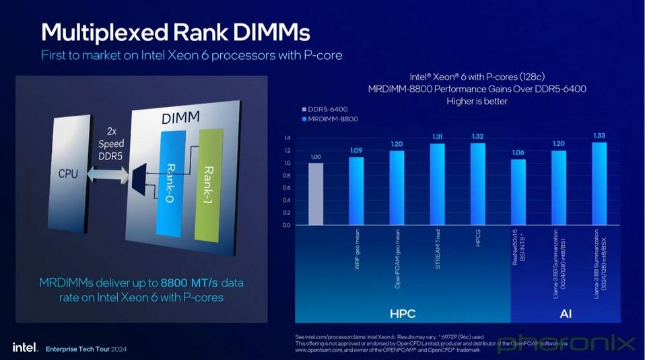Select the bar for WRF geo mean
pos(356,191)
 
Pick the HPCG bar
pos(477,184)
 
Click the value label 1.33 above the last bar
pos(599,135)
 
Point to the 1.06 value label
pos(518,152)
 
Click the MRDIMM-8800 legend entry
pos(332,119)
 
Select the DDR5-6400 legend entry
pos(330,108)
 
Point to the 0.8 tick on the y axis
pos(287,176)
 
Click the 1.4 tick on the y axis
pos(287,138)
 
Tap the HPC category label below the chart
pos(403,314)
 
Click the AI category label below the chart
pos(566,314)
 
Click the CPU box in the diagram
pos(68,174)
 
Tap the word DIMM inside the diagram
pos(180,118)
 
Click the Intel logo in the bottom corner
pos(24,347)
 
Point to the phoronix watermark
pos(566,344)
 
